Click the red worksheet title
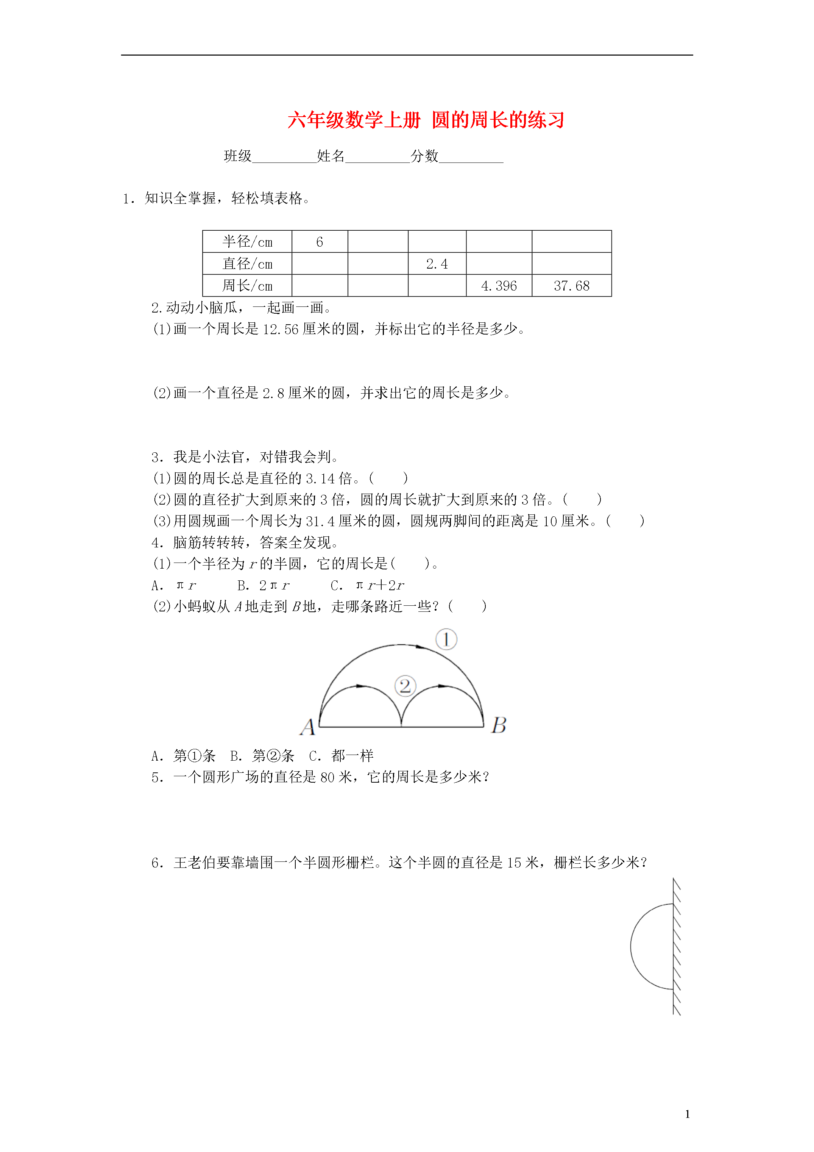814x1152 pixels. tap(426, 120)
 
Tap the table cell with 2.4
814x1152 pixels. tap(437, 264)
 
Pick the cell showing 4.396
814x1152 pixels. tap(499, 286)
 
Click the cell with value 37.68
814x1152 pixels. tap(571, 286)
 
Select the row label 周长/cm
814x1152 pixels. tap(247, 286)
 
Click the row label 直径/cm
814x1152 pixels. tap(247, 264)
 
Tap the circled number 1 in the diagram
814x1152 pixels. tap(446, 639)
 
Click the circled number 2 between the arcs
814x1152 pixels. tap(405, 686)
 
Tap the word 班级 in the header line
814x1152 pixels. tap(238, 156)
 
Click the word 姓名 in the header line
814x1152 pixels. tap(331, 156)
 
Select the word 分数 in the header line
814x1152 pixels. tap(424, 156)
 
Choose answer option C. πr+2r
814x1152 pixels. tap(367, 585)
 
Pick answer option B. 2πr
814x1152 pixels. tap(263, 585)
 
